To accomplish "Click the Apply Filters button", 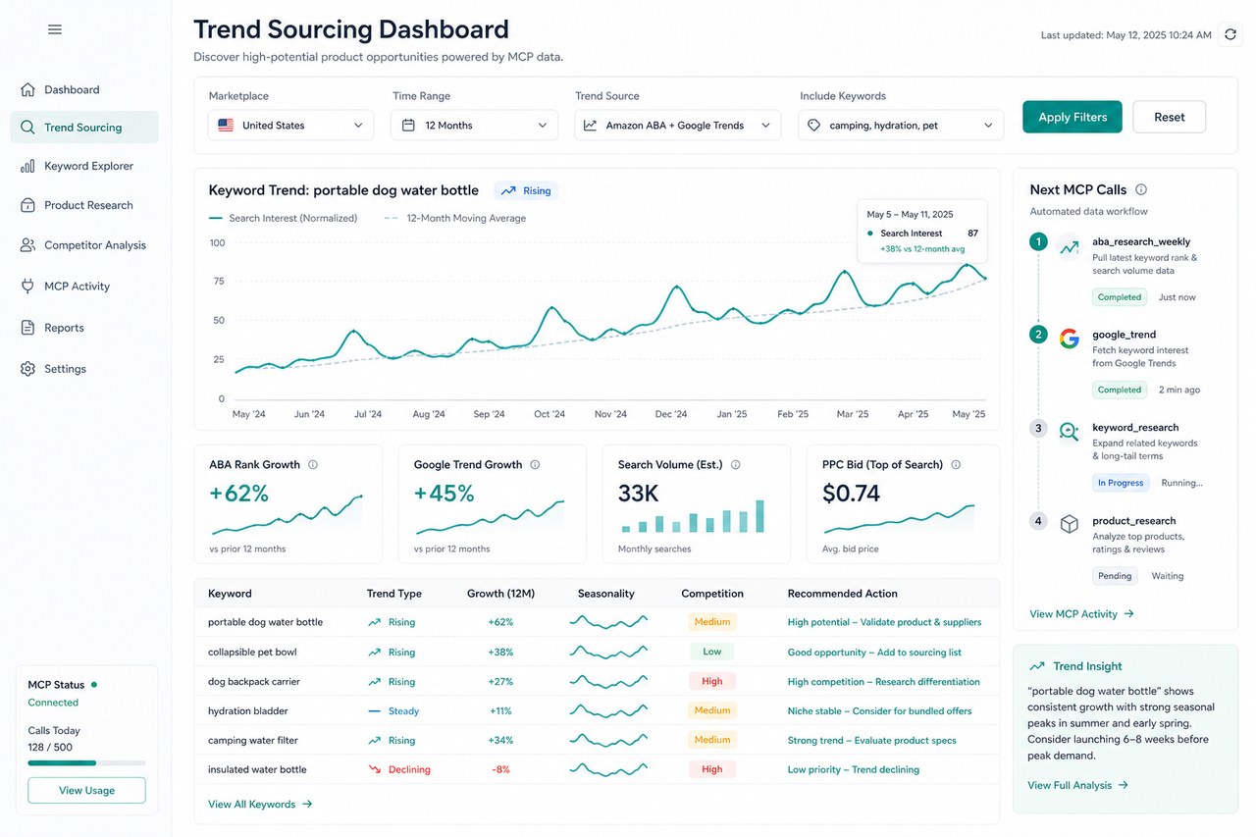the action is (1073, 117).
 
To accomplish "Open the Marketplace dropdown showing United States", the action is (290, 125).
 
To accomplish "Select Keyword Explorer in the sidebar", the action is (88, 166).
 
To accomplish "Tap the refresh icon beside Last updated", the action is (1230, 34).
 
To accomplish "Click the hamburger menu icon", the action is (55, 29).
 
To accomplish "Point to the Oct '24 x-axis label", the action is (549, 414).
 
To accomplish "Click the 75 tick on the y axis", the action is (219, 281).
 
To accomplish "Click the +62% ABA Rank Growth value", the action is (238, 494).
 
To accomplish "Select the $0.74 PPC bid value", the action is (851, 494).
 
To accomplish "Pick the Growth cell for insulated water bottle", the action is (500, 769).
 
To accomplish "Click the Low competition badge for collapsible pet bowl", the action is (712, 652).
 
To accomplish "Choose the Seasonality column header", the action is (606, 593).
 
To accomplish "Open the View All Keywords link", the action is (260, 804).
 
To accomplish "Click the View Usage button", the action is (87, 790).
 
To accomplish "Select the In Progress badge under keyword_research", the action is (1121, 483).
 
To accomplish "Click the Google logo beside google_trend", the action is (1070, 339).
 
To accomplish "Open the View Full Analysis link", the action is (1077, 785).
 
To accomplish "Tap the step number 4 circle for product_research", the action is (1038, 521).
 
